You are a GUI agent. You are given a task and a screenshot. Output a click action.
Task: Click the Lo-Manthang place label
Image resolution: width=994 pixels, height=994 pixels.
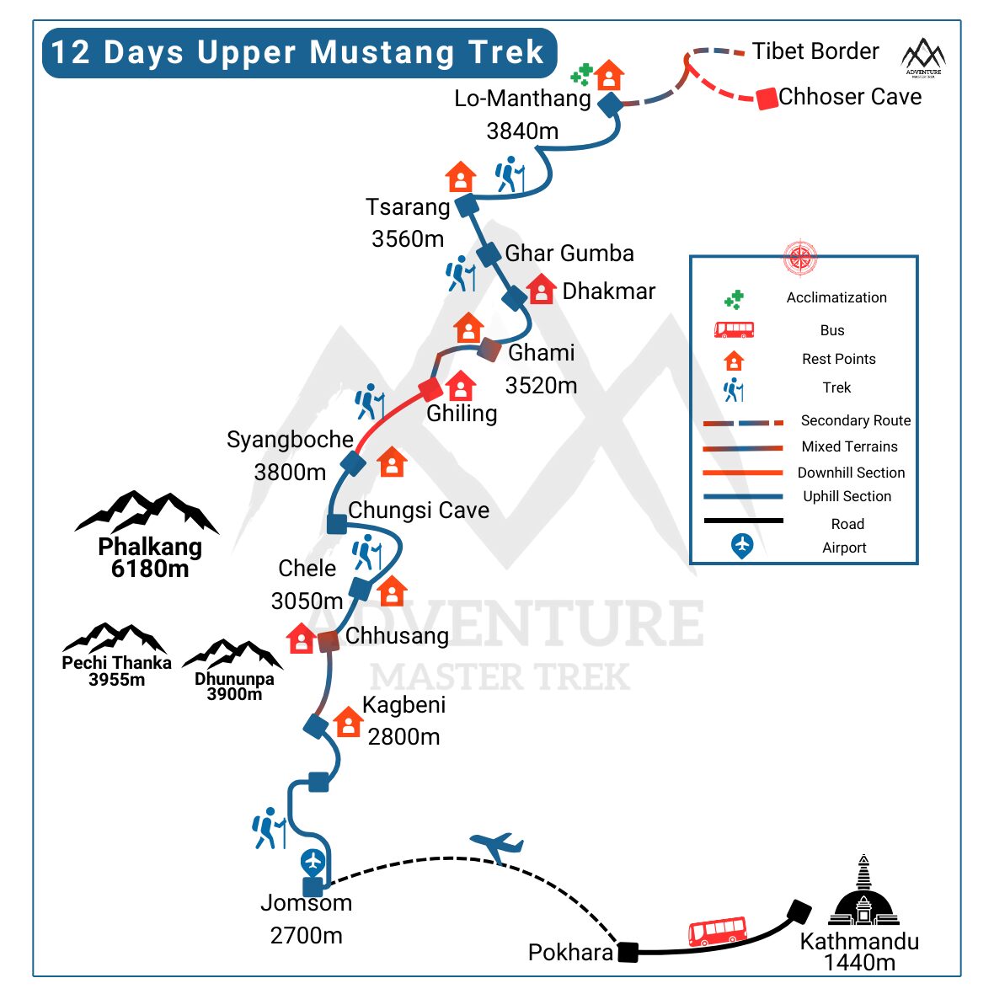522,99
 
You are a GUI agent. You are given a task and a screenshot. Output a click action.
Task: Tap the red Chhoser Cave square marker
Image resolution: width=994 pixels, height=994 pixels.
767,99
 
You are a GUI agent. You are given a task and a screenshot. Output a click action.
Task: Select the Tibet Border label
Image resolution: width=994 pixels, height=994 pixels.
815,51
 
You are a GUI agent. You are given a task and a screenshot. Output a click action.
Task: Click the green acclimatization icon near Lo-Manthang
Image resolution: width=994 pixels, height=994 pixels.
581,75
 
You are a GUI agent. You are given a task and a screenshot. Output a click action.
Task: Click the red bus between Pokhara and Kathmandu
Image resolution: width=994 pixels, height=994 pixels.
717,932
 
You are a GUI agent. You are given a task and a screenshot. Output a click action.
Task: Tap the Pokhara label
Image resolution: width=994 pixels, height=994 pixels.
570,953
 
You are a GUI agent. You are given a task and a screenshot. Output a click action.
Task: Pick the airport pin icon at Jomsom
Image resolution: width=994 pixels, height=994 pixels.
313,863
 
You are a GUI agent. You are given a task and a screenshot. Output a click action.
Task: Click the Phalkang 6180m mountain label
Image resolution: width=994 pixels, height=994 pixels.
150,558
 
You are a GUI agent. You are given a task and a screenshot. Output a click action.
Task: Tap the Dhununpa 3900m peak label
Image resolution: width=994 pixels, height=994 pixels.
234,687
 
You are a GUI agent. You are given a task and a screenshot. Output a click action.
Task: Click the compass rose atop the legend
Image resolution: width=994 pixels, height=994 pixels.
800,258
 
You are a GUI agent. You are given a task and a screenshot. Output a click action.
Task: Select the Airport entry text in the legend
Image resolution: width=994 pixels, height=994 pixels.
844,548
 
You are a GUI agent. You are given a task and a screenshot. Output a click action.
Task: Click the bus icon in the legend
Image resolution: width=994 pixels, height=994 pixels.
734,329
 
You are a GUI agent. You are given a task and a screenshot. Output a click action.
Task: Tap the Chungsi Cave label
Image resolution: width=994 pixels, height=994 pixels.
419,510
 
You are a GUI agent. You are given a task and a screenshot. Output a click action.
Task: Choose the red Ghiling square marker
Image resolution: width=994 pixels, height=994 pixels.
430,389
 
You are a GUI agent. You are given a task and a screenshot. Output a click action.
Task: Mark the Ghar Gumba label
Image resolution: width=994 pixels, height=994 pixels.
569,254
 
